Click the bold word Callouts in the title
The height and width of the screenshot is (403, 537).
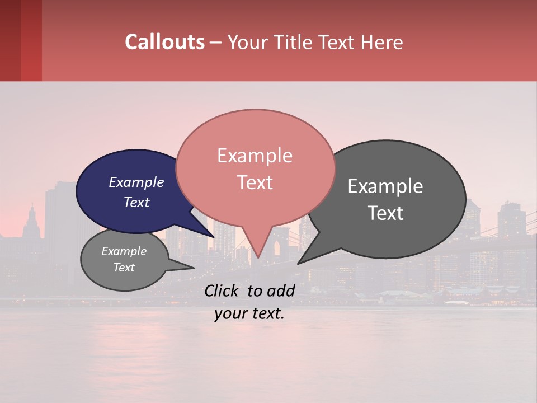coord(164,42)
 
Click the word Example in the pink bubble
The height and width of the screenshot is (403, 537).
coord(255,156)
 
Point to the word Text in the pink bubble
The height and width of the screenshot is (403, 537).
coord(255,182)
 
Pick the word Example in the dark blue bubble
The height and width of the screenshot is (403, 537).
coord(136,182)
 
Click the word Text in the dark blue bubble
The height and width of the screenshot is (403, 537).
coord(136,202)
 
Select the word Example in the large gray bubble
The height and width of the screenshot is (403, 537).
coord(385,186)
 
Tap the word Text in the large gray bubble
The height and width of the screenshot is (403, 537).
coord(385,213)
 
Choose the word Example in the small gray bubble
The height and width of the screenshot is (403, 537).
coord(124,251)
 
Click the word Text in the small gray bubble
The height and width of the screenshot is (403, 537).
coord(124,268)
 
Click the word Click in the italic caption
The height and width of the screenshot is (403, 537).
coord(223,290)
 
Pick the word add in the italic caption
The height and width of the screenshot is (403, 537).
coord(281,290)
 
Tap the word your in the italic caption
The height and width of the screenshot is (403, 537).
coord(229,313)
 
